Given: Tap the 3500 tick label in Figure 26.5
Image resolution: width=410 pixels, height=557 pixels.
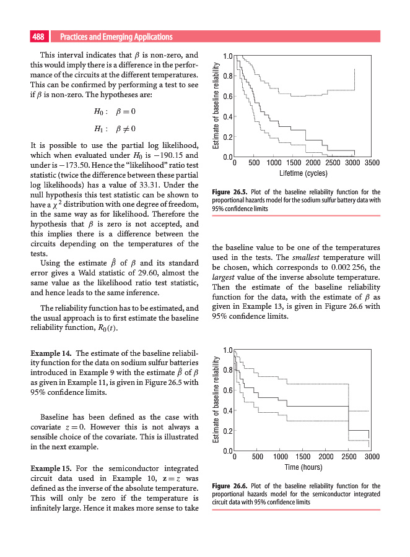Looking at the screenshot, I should (372, 163).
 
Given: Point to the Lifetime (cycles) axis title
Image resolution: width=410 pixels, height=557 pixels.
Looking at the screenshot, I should (303, 173).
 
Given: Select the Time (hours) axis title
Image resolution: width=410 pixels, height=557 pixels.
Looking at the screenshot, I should (303, 467).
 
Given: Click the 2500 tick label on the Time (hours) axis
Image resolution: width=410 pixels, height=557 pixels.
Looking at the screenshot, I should (349, 457).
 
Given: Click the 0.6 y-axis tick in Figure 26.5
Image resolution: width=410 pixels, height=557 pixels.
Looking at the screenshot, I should (229, 96).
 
